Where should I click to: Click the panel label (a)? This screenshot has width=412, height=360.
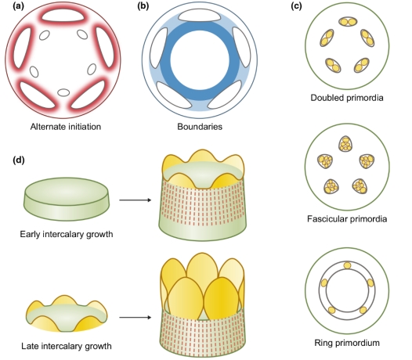point(18,6)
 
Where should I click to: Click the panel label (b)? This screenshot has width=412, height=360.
point(143,6)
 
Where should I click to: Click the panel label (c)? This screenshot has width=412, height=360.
point(296,6)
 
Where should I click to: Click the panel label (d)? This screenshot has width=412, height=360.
point(19,160)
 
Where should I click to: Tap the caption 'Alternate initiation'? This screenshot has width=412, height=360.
point(66,127)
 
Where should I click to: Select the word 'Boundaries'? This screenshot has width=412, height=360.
point(200,127)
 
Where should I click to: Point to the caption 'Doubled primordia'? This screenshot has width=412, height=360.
point(347,98)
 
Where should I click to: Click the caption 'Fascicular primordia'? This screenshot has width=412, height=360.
point(347,218)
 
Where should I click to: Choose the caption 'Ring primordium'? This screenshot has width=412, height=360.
point(347,343)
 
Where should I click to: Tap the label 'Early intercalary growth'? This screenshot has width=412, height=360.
point(67,234)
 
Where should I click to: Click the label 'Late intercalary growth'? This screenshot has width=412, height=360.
point(67,346)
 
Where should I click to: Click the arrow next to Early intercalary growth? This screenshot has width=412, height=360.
point(136,200)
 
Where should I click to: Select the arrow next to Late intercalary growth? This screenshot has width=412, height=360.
point(136,318)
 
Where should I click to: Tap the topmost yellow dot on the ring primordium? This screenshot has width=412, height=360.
point(347,265)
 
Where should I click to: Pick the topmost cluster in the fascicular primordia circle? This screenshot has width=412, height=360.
point(345,144)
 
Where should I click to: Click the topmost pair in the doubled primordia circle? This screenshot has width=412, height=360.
point(348,22)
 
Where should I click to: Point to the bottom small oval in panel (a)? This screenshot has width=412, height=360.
point(63,92)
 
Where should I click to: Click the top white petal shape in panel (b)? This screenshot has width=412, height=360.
point(200,16)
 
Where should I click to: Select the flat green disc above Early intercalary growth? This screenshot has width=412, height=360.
point(67,199)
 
